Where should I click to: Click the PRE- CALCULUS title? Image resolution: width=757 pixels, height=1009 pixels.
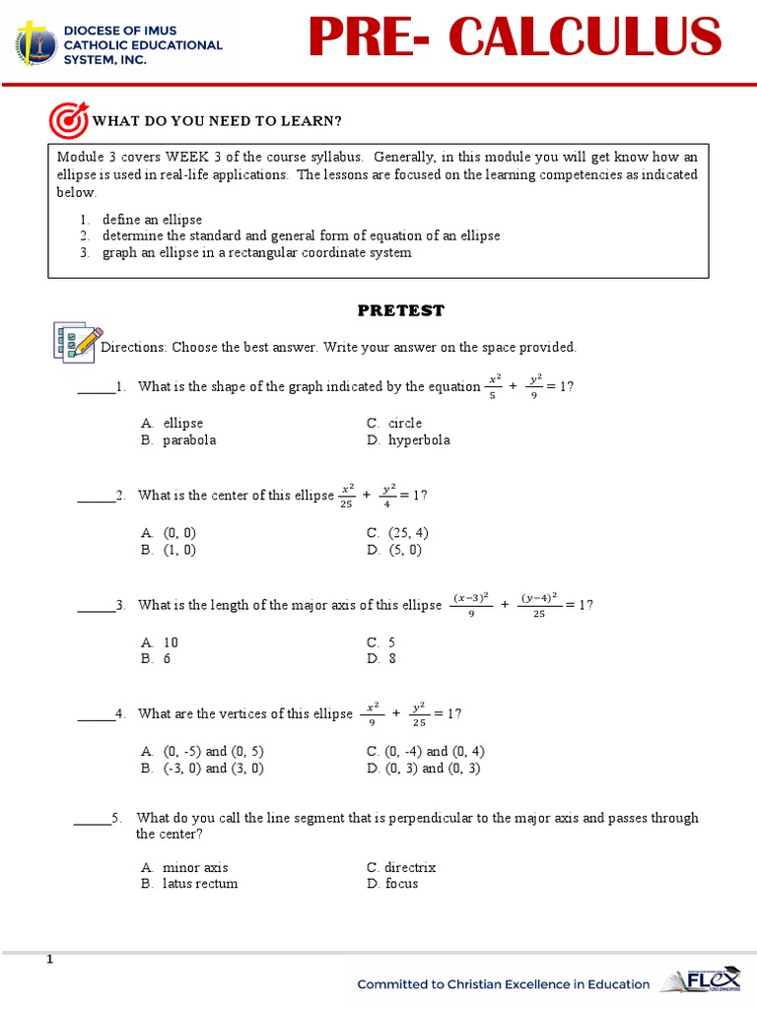(x=514, y=38)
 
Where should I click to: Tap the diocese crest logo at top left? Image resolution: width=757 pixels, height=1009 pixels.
(x=35, y=44)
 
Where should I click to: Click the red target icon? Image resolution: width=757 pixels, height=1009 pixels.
(x=68, y=120)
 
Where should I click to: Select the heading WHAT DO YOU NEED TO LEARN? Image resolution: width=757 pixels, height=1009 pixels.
(x=217, y=121)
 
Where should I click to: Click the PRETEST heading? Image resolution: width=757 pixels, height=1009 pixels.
(x=400, y=310)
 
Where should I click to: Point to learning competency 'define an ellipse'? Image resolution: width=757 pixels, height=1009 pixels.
(x=152, y=220)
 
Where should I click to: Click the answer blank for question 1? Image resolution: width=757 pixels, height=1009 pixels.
(x=96, y=387)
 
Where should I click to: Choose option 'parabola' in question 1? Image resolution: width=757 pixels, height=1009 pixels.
(x=189, y=440)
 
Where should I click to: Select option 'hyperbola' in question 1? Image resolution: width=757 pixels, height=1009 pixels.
(x=419, y=440)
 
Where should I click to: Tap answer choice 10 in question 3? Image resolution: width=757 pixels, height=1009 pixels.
(x=171, y=642)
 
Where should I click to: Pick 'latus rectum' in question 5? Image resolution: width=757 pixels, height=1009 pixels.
(x=200, y=884)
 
